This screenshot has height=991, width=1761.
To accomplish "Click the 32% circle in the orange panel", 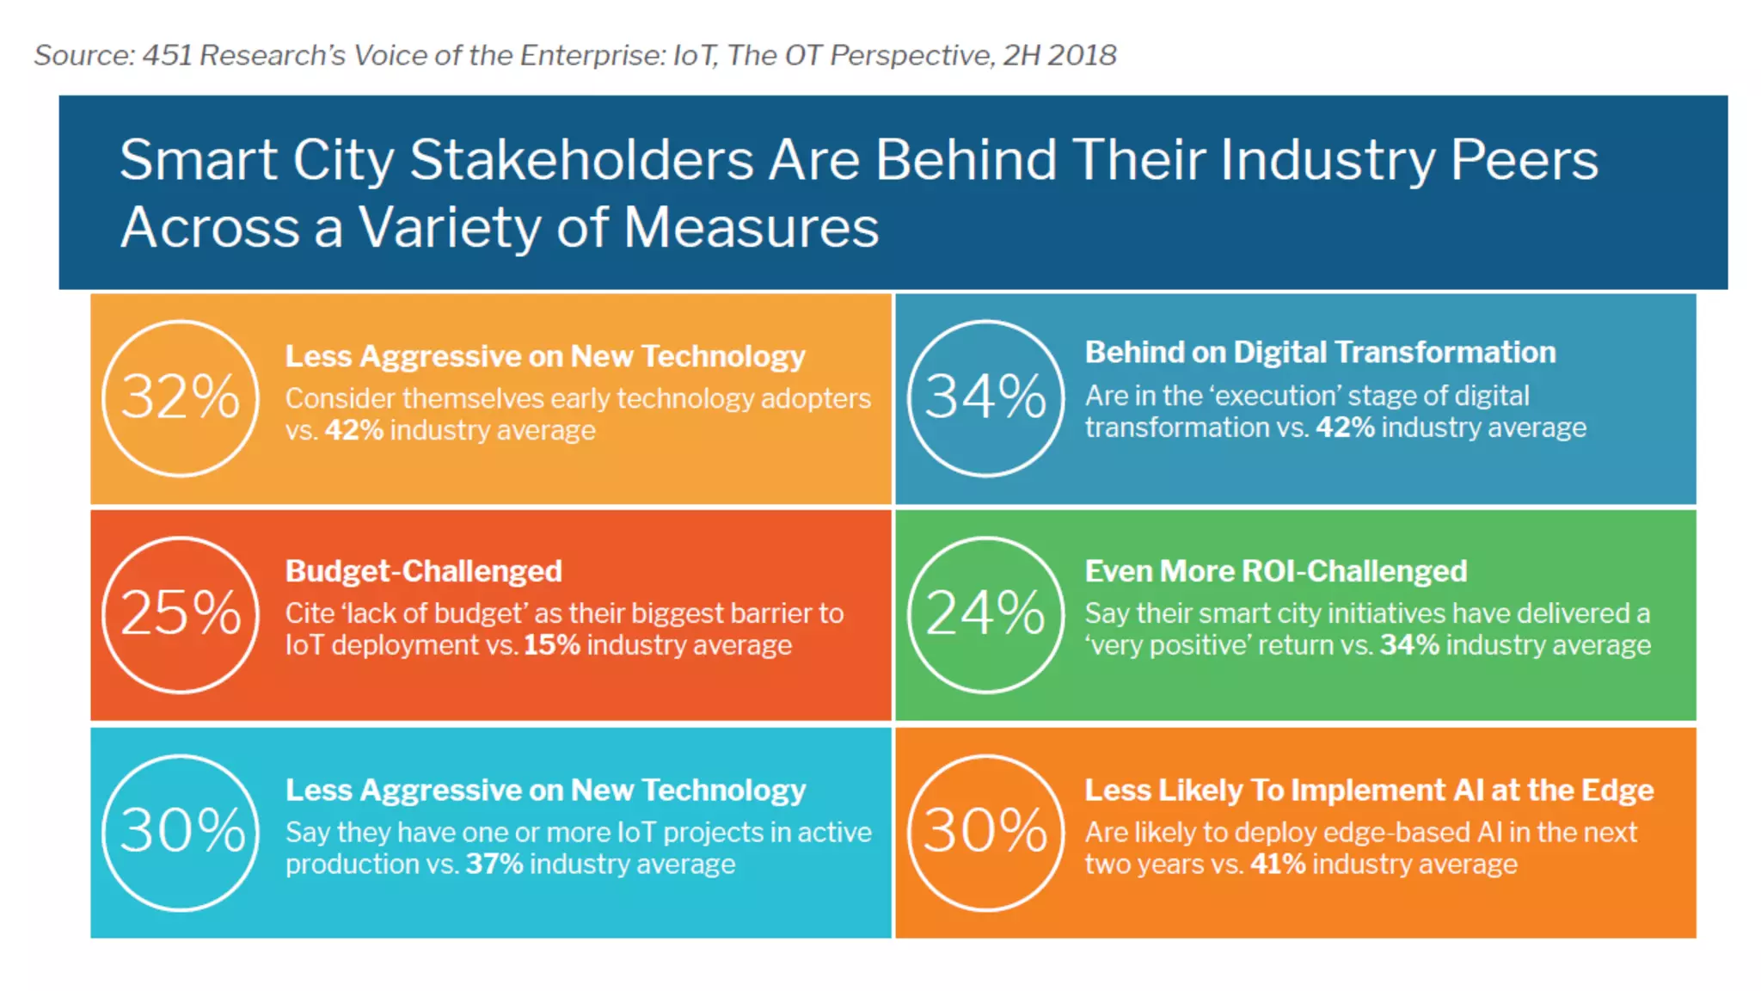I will coord(181,398).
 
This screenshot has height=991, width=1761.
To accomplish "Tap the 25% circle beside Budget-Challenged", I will coord(181,614).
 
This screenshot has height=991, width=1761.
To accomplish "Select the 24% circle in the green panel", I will coord(985,614).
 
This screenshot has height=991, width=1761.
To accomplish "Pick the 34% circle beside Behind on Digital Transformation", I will coord(985,398).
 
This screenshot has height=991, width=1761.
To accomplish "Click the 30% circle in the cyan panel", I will coord(181,832).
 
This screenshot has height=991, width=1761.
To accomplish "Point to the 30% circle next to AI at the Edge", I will coord(985,832).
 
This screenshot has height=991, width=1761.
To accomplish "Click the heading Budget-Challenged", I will coord(423,571).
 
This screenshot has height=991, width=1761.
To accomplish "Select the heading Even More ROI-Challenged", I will coord(1275,571).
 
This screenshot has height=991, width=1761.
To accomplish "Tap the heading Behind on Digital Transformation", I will coord(1320,353).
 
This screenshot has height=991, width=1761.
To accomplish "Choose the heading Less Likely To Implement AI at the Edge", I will coord(1369,790).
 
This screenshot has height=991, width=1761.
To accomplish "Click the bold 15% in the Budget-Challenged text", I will coord(551,645).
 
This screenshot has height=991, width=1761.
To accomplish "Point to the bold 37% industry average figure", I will coord(494,864).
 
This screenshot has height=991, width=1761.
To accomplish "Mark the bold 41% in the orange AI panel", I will coord(1278,864).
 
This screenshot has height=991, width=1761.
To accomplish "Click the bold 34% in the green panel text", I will coord(1409,645).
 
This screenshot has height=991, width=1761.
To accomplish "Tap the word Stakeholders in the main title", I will coord(582,161).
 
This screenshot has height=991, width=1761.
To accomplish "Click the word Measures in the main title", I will coord(751,228).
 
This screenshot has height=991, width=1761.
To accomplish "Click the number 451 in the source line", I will coord(167,55).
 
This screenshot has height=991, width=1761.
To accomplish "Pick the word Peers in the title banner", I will coord(1524,161).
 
